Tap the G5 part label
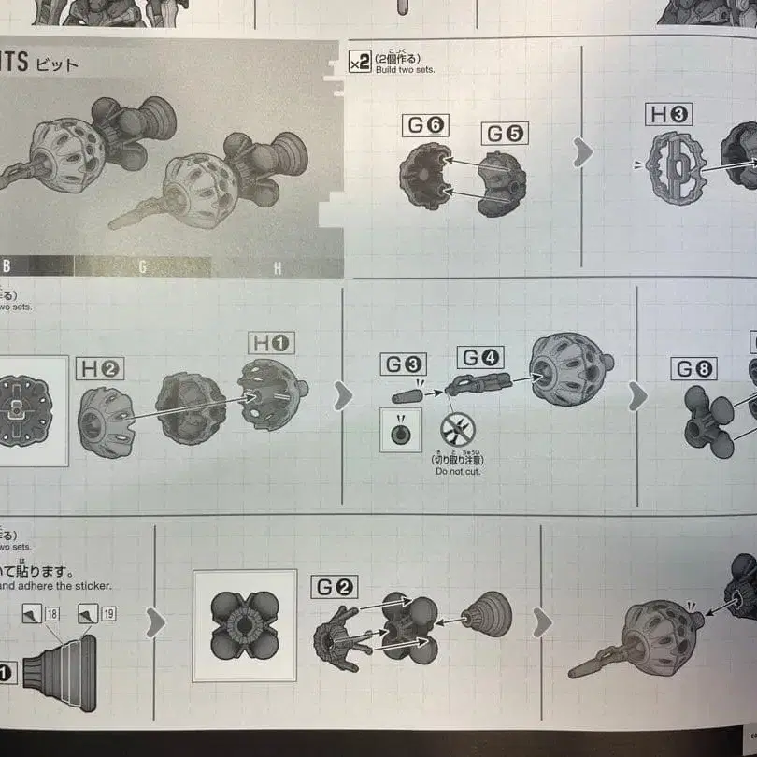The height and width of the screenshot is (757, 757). tap(506, 133)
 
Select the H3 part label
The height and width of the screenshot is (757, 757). tap(670, 116)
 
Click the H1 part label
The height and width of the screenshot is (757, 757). tap(271, 343)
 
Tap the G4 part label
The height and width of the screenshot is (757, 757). tap(480, 357)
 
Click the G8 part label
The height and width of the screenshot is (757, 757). tap(694, 368)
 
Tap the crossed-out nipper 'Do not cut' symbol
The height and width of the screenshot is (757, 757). tap(458, 430)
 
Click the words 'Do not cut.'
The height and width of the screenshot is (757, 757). tap(458, 472)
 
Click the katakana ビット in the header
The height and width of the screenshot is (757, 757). tap(57, 65)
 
